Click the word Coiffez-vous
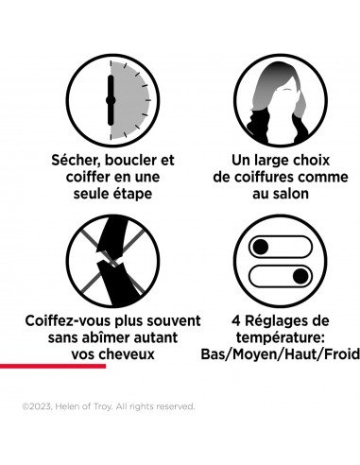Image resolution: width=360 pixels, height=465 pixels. [x=67, y=321]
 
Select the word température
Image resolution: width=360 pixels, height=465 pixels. [x=281, y=338]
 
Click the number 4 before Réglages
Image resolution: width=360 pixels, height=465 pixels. [x=236, y=321]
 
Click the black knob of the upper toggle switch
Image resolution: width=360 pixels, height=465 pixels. [x=261, y=247]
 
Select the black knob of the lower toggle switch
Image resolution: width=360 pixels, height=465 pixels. [x=300, y=276]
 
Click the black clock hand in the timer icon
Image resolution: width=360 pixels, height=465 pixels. [x=111, y=100]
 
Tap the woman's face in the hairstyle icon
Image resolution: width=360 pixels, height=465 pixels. [x=285, y=100]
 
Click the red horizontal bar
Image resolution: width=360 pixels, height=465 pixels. [x=53, y=366]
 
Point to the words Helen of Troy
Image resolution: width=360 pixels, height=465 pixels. [x=83, y=406]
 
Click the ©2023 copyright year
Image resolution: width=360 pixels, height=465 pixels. [x=37, y=406]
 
